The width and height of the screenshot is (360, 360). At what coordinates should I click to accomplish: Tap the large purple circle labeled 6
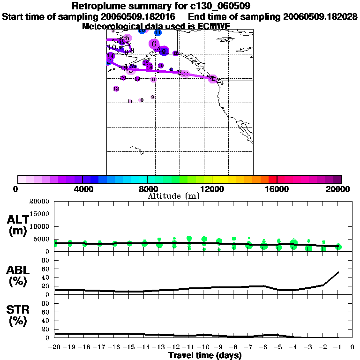point(154,44)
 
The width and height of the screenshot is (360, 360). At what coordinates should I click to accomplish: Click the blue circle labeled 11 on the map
point(158,32)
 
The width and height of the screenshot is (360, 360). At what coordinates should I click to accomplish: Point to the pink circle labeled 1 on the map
point(212,79)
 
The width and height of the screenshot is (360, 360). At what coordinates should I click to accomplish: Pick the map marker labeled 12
point(116,89)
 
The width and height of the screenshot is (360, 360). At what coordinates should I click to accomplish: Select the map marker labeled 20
point(123,78)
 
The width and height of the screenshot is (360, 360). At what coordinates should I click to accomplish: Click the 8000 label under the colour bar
point(147,189)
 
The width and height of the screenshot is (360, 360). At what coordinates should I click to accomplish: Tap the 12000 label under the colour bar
point(212,189)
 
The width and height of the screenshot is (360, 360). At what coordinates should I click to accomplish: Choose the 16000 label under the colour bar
point(277,189)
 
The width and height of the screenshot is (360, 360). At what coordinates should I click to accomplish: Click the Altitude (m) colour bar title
point(173,196)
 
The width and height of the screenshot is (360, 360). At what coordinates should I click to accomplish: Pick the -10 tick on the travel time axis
point(204,347)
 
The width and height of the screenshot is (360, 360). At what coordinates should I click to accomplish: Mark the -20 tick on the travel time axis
point(55,347)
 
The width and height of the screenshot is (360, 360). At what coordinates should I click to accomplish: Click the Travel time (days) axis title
point(205,355)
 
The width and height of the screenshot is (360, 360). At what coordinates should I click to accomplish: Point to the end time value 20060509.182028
point(321,16)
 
